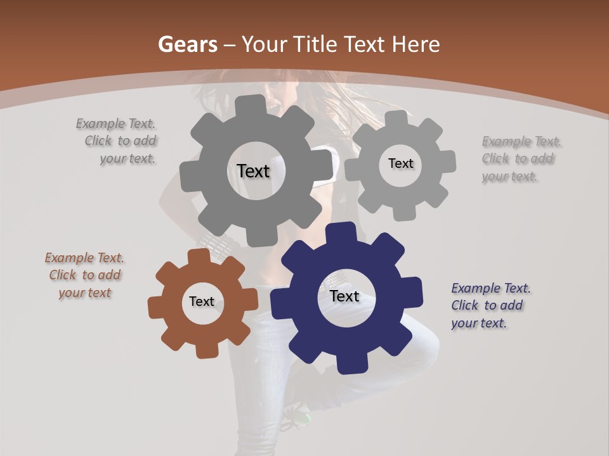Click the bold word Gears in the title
click(x=187, y=44)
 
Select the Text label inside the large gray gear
click(x=253, y=171)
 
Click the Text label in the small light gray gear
click(x=400, y=163)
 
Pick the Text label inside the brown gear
click(x=202, y=301)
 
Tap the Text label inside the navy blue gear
click(x=344, y=296)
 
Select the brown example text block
click(x=84, y=275)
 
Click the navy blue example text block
click(x=490, y=305)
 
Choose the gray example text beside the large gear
click(x=117, y=141)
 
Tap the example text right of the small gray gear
click(x=521, y=158)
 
